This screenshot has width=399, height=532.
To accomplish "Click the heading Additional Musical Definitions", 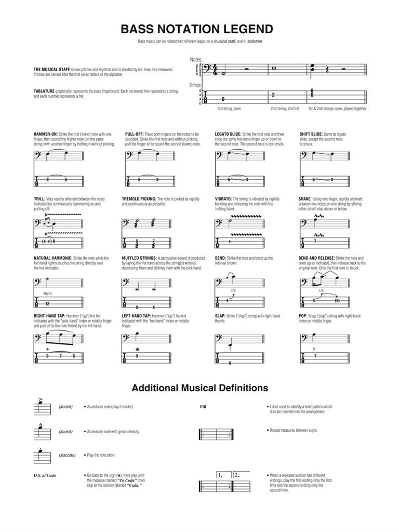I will click(x=199, y=388).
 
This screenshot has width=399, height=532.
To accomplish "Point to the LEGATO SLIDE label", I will click(x=229, y=134).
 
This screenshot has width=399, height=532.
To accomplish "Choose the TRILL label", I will click(x=39, y=198).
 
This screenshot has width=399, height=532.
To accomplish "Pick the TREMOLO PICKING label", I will click(x=139, y=198).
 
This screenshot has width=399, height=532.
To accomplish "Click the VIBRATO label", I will click(x=224, y=198).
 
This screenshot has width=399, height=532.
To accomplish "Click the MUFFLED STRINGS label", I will click(x=139, y=258).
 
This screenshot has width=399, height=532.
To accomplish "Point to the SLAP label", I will click(x=221, y=315).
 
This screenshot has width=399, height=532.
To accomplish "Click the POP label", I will click(x=303, y=315).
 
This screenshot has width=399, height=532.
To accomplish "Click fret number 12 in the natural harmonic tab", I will click(x=47, y=303).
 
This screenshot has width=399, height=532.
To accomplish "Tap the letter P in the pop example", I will click(x=314, y=348).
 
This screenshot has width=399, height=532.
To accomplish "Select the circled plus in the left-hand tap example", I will click(x=137, y=349).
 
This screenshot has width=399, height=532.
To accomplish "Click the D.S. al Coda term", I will click(x=45, y=475).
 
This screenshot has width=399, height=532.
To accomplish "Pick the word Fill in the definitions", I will click(x=203, y=407).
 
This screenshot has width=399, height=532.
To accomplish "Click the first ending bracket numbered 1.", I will click(x=221, y=475).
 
